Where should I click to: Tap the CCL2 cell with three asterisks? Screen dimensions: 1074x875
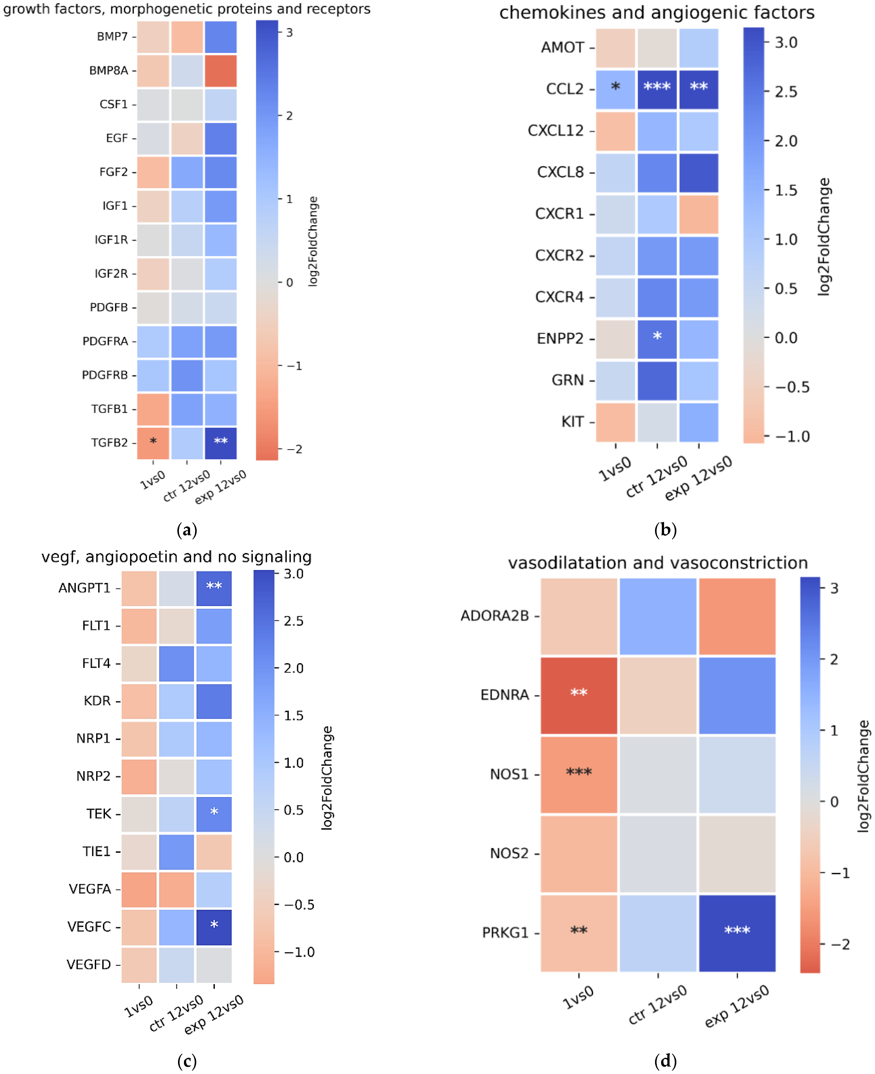[657, 89]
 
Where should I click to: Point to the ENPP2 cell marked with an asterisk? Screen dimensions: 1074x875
[657, 339]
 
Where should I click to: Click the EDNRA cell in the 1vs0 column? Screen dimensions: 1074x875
[579, 695]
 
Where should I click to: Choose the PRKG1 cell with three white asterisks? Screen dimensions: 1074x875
[737, 933]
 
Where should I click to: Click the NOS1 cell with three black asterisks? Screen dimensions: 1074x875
[579, 774]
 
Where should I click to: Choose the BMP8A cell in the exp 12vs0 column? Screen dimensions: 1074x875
[220, 70]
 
